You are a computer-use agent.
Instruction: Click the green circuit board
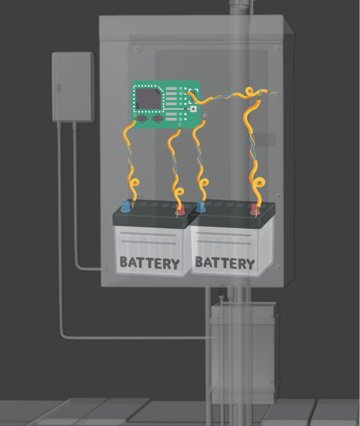pos(166,104)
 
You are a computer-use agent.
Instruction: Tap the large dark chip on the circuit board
pos(148,98)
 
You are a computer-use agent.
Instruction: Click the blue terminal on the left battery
pos(126,207)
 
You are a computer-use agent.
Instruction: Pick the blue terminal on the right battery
pos(201,207)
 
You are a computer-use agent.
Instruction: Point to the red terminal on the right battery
pos(255,209)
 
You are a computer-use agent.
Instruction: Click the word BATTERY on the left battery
pos(150,263)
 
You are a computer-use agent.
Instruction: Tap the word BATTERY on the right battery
pos(225,263)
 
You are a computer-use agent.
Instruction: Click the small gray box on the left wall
pos(73,87)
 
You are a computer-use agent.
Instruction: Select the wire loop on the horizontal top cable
pos(249,92)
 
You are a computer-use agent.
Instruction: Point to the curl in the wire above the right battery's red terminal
pos(259,182)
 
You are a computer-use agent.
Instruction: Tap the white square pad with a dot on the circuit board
pos(193,109)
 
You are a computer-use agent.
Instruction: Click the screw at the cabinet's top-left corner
pos(138,49)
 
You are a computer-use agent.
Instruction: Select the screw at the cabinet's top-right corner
pos(278,49)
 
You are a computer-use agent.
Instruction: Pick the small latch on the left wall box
pos(59,88)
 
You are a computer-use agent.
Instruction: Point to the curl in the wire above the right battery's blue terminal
pos(204,182)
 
